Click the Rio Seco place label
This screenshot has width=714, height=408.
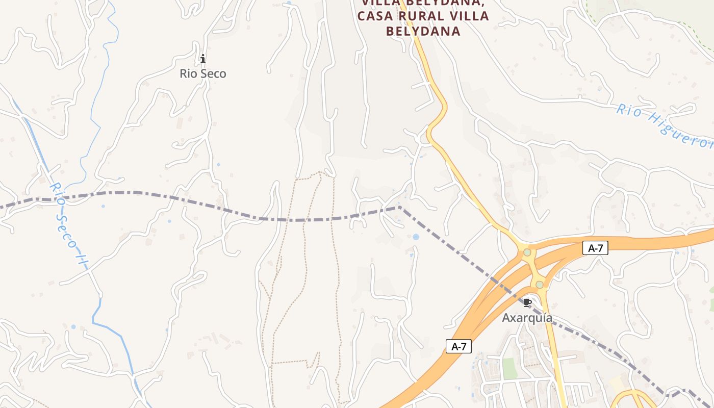point(202,73)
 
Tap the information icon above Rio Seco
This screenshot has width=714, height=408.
point(203,59)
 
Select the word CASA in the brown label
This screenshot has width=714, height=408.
point(375,16)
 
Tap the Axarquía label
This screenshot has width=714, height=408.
point(527,318)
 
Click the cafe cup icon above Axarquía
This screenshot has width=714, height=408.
point(527,303)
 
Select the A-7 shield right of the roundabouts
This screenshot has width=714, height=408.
point(595,248)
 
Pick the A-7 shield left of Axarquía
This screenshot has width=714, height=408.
point(458,347)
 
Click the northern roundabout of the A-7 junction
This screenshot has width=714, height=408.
point(527,252)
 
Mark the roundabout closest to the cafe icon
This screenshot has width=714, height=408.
point(539,284)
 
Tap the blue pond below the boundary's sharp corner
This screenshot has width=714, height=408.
point(416,237)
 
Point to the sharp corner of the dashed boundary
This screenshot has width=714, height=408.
point(399,207)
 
